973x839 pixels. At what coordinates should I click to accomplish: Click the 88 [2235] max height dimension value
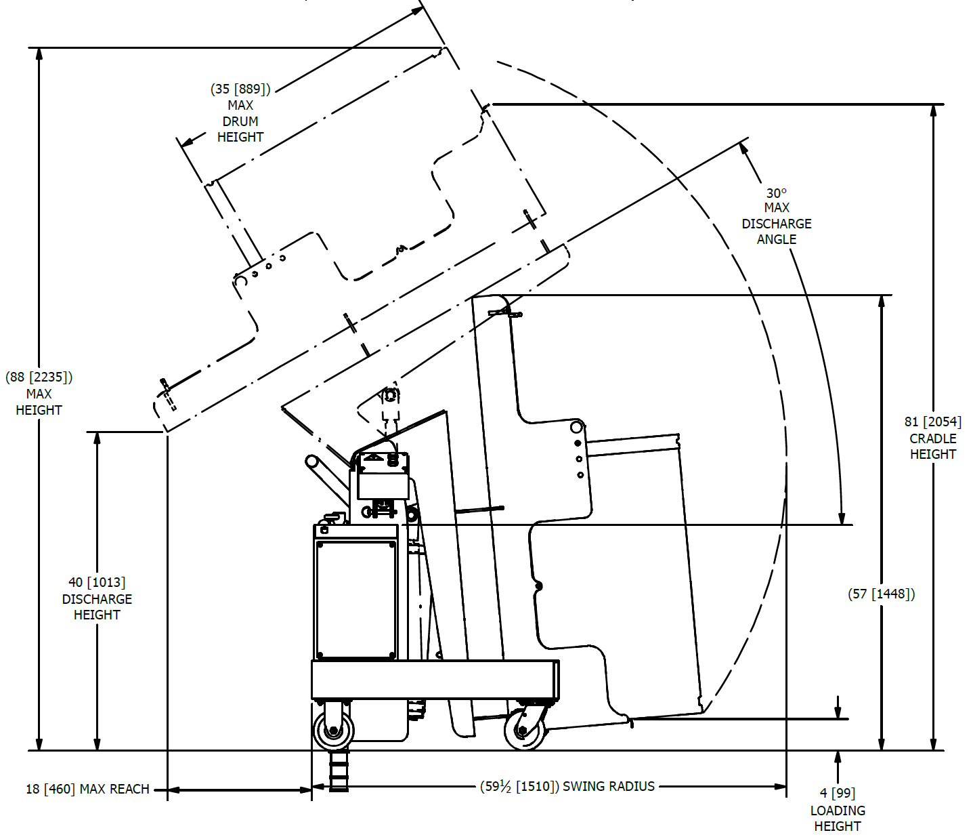click(x=39, y=377)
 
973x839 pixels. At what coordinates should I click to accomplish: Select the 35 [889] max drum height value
click(x=240, y=89)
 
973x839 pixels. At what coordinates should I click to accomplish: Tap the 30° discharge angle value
click(x=776, y=193)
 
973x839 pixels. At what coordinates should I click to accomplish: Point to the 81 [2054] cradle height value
click(x=933, y=422)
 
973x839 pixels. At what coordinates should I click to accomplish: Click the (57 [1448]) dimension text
click(x=882, y=594)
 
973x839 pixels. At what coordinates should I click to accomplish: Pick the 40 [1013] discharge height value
click(x=97, y=583)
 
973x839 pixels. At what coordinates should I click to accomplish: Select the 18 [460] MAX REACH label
click(x=87, y=789)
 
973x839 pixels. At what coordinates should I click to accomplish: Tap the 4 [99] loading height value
click(x=838, y=794)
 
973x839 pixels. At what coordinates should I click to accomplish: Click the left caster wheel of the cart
click(x=334, y=730)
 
